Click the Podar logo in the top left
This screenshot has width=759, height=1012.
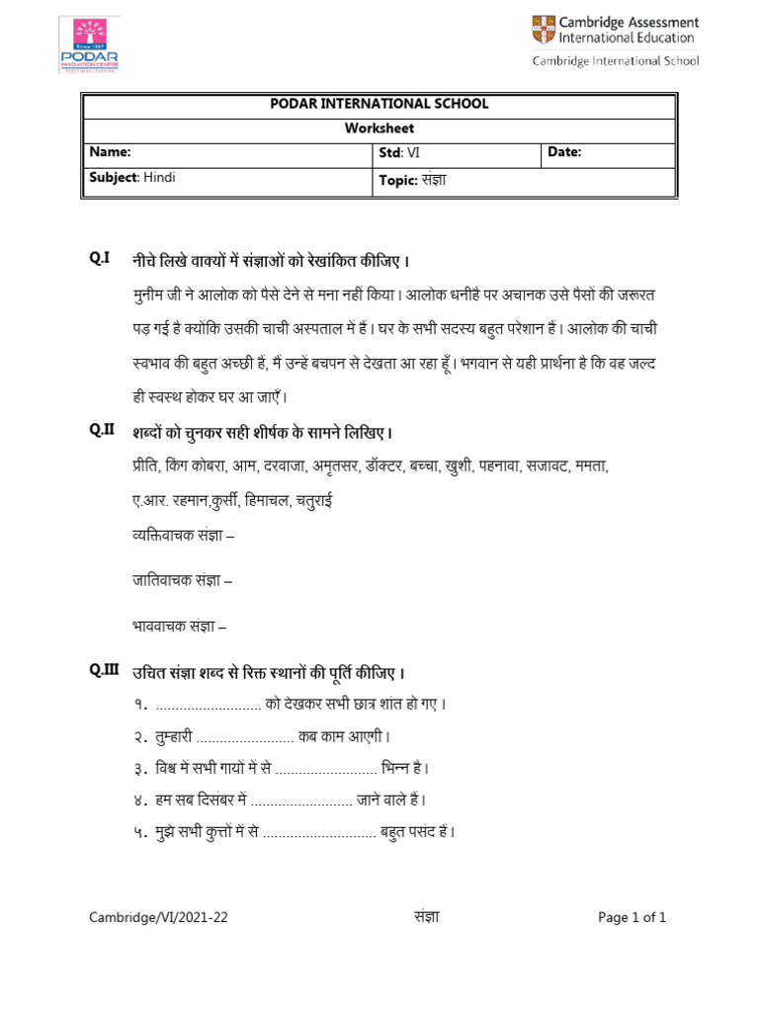[x=89, y=44]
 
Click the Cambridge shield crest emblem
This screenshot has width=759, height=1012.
[x=544, y=29]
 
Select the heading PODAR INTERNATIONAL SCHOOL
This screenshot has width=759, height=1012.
[x=379, y=104]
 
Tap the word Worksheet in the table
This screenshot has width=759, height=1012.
[x=379, y=128]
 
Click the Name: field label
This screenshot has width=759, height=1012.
[x=110, y=152]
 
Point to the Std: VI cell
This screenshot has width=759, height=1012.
[x=399, y=152]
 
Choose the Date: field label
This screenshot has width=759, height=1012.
[x=564, y=152]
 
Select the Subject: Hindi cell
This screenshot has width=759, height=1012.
[x=132, y=178]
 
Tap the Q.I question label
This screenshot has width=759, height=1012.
[x=99, y=259]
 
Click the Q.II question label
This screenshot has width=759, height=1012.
[x=102, y=430]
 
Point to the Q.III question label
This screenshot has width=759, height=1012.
[x=104, y=670]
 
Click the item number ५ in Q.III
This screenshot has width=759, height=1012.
[x=141, y=832]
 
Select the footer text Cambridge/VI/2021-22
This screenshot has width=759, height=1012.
[x=158, y=917]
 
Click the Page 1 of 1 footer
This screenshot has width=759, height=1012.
[x=632, y=917]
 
